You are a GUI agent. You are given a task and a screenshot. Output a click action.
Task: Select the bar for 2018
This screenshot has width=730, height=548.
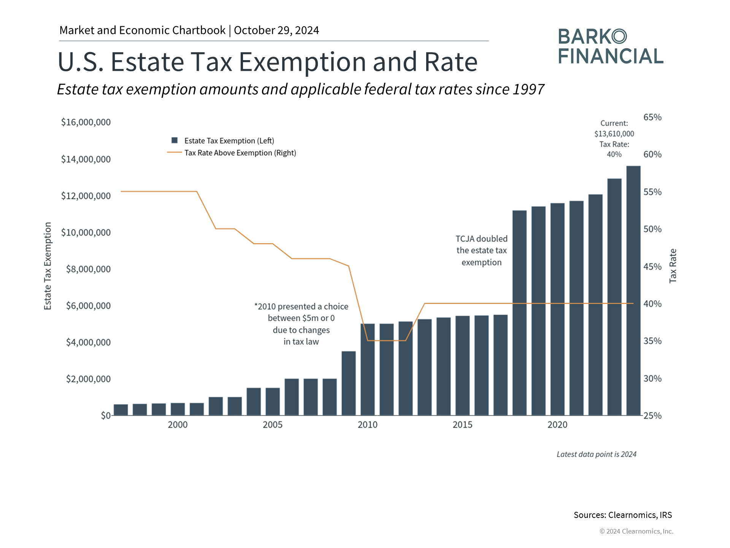click(519, 312)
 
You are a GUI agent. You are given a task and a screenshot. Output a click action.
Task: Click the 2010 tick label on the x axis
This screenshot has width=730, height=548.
click(367, 425)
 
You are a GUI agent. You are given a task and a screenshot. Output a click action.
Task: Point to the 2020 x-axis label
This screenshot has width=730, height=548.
click(557, 425)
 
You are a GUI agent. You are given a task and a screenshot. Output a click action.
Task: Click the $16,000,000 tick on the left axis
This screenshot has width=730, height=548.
click(86, 122)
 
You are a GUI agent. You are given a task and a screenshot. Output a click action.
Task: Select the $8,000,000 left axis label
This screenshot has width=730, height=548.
click(88, 269)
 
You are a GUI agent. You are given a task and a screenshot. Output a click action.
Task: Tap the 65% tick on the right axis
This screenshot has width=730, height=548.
click(652, 117)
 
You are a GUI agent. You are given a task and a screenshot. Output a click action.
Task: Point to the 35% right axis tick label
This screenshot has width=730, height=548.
click(652, 341)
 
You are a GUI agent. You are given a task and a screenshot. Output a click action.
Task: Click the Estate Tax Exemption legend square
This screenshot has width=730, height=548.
click(175, 140)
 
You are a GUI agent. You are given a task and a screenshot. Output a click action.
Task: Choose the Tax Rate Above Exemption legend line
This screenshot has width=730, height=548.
click(175, 153)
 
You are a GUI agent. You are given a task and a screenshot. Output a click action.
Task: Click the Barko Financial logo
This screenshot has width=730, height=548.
click(611, 46)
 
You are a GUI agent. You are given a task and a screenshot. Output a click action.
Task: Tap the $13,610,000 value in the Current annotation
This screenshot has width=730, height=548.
click(614, 134)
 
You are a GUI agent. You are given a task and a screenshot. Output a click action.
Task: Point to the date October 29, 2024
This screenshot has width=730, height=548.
click(276, 30)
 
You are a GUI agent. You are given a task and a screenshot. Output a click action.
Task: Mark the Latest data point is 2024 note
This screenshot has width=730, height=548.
click(596, 454)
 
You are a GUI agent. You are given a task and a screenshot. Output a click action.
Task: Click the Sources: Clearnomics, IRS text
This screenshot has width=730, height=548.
click(622, 515)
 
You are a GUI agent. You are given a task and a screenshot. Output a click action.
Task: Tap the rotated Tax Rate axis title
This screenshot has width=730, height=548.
click(673, 266)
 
